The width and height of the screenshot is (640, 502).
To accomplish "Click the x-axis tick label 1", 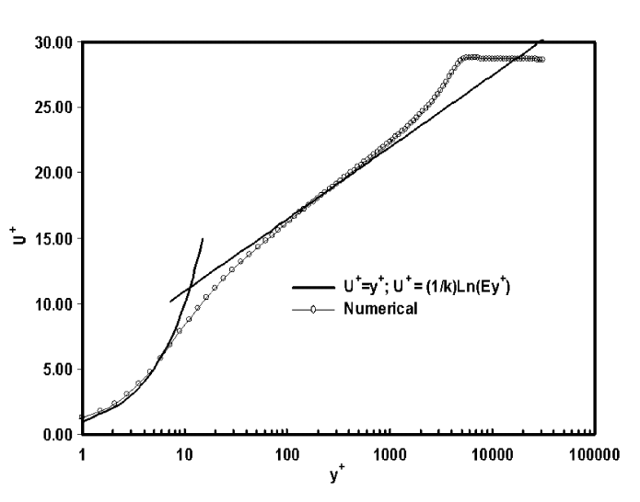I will click(x=82, y=453).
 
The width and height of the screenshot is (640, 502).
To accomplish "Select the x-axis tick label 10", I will click(x=184, y=453).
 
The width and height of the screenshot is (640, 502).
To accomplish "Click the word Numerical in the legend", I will click(x=382, y=309).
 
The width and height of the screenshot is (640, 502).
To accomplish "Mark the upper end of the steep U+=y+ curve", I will click(x=203, y=238).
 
